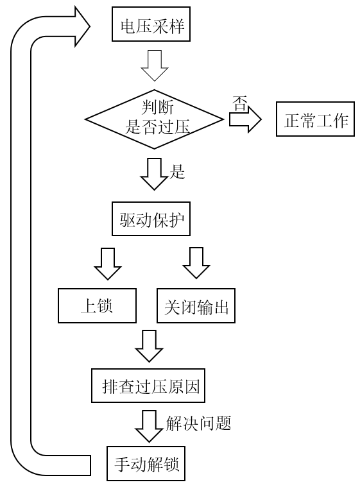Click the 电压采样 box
tap(151, 24)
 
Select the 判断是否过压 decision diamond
tap(155, 119)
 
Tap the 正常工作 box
tap(315, 119)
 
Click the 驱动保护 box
tap(151, 219)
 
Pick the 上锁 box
tap(98, 305)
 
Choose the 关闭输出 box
tap(196, 305)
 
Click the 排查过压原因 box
tap(148, 386)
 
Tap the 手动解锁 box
tap(146, 464)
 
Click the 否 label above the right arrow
tap(240, 104)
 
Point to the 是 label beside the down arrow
tap(177, 171)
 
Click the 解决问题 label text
tap(198, 423)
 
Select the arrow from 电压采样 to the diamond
tap(155, 65)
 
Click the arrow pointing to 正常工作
tap(245, 119)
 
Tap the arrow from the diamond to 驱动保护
tap(154, 174)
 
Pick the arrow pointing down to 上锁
tap(108, 264)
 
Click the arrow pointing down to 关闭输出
tap(196, 263)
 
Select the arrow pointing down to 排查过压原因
tap(149, 346)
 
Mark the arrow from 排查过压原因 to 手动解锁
tap(149, 426)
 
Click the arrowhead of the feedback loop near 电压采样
tap(82, 27)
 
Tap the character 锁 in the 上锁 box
tap(105, 306)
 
